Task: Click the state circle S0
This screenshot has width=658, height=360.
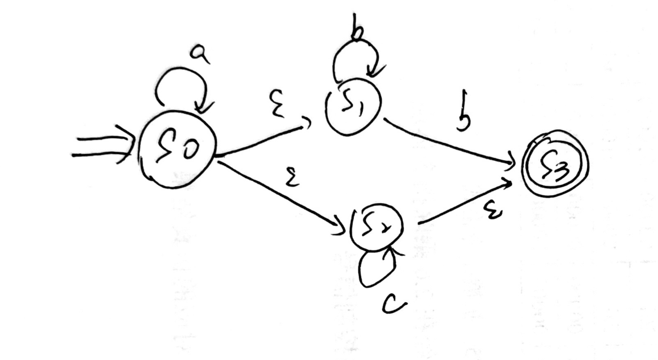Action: (x=177, y=150)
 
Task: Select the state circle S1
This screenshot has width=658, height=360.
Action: (x=353, y=106)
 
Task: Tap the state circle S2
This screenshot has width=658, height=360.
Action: (x=376, y=227)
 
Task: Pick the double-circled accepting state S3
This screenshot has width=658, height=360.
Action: (x=554, y=164)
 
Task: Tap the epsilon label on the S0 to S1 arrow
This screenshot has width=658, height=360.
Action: (x=278, y=104)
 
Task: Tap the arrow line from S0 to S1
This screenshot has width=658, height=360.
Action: (x=262, y=141)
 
